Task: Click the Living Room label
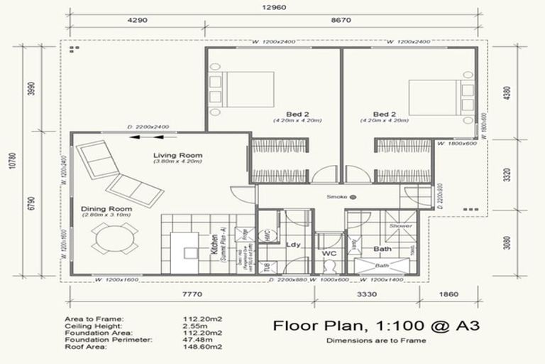177,155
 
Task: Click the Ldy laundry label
293,245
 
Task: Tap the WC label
329,253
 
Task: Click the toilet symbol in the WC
329,267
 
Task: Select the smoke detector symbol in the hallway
352,197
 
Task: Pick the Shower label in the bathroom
400,226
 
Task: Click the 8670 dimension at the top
345,21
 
